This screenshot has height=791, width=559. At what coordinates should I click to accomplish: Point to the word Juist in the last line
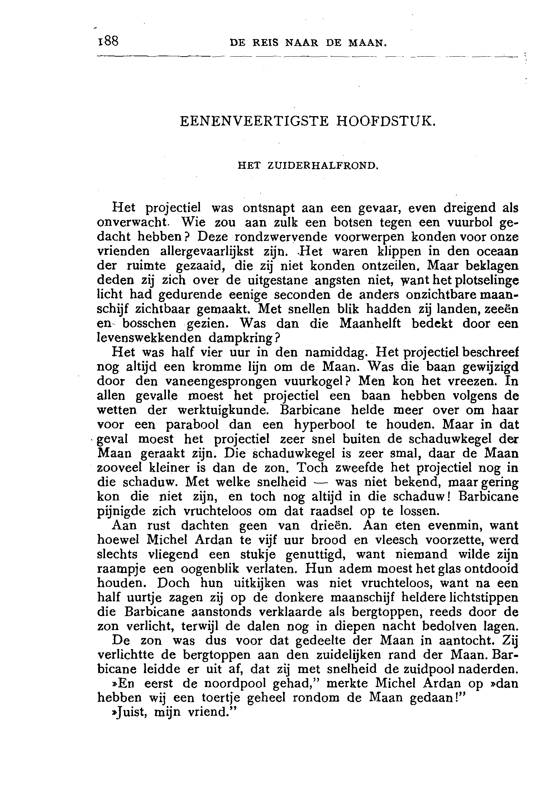[128, 713]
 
